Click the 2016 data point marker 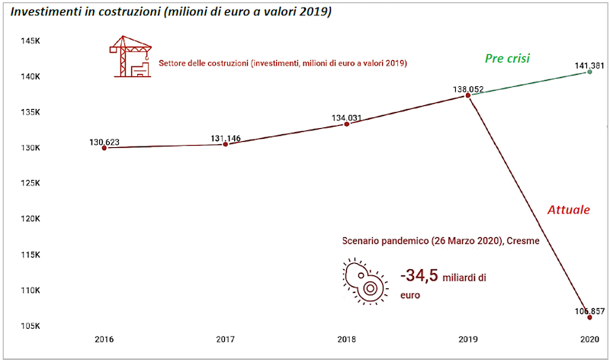[104, 147]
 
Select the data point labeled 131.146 [225, 143]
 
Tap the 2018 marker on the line [347, 124]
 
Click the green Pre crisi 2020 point [589, 72]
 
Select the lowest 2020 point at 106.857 [589, 317]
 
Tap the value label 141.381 [589, 66]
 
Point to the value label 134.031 [348, 117]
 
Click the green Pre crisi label [507, 58]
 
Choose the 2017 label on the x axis [226, 339]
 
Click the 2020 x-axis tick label [589, 339]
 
